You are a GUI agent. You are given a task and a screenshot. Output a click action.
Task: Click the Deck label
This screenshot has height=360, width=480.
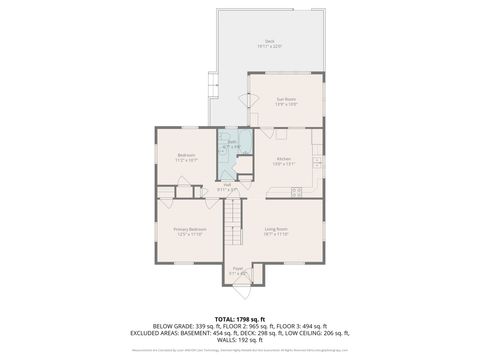(270, 43)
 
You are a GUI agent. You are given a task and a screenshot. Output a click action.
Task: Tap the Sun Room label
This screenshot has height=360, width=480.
(286, 101)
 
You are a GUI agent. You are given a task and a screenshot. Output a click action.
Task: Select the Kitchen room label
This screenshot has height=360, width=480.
(284, 161)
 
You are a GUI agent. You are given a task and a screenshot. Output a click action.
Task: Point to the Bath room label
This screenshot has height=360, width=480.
(231, 144)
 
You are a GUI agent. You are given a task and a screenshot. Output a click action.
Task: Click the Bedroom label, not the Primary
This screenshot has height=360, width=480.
(187, 157)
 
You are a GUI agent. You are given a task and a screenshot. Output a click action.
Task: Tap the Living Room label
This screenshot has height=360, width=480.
(277, 231)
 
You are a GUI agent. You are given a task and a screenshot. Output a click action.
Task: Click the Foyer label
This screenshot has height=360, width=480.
(238, 270)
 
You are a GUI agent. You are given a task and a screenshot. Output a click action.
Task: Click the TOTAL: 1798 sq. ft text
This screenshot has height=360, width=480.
(240, 318)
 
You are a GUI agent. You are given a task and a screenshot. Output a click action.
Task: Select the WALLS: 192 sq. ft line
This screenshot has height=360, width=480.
(240, 341)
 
